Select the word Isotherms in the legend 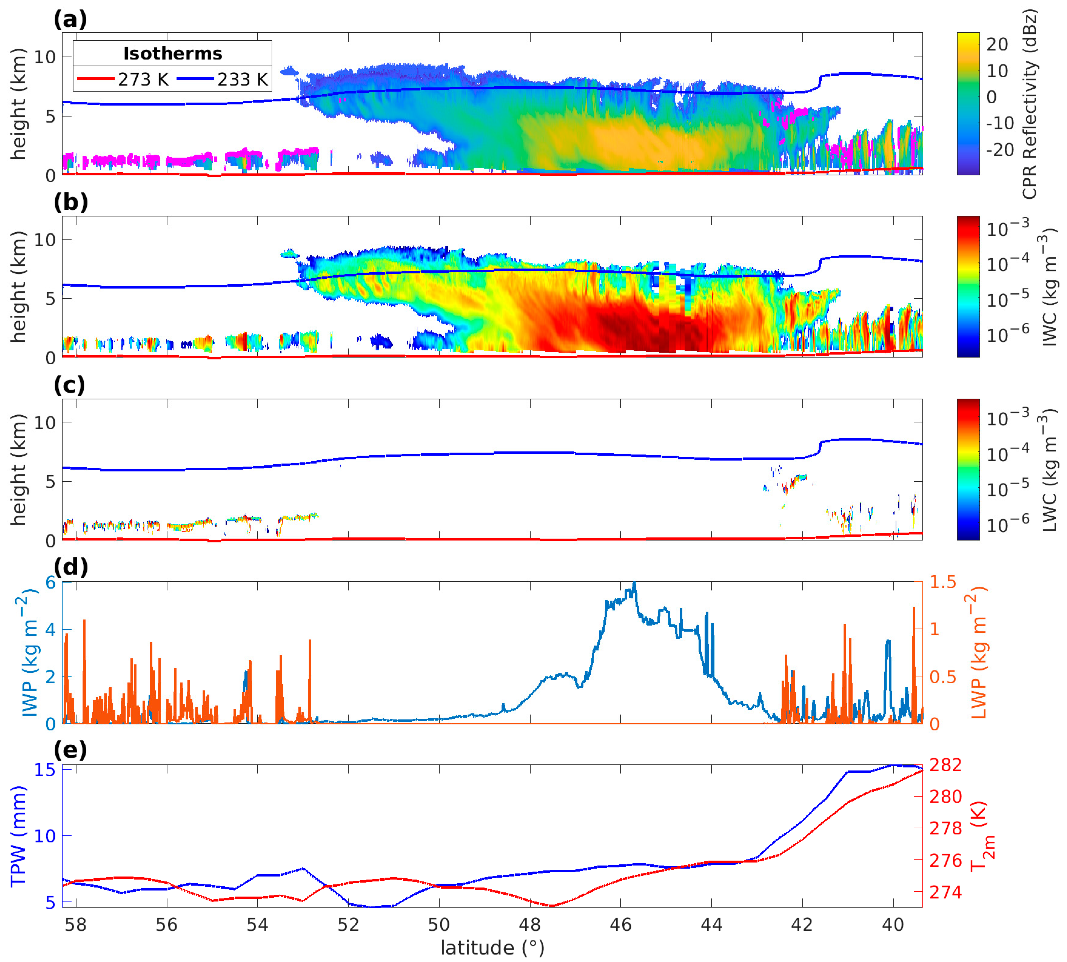click(x=173, y=53)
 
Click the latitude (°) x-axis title click(x=492, y=948)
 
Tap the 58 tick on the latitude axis click(x=76, y=924)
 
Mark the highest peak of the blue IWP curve click(x=634, y=583)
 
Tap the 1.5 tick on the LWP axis click(x=943, y=582)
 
